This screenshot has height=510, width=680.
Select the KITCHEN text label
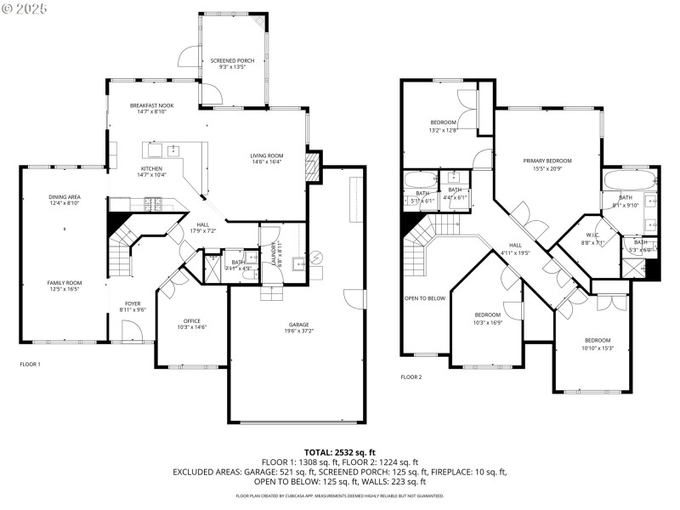pyautogui.click(x=151, y=168)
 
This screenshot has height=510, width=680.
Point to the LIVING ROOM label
pyautogui.click(x=266, y=156)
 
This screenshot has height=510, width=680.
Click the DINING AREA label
pyautogui.click(x=65, y=197)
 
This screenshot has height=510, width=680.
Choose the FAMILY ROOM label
pyautogui.click(x=64, y=283)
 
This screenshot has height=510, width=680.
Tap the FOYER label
pyautogui.click(x=133, y=303)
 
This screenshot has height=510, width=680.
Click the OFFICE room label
pyautogui.click(x=192, y=320)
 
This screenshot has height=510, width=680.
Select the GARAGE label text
pyautogui.click(x=297, y=325)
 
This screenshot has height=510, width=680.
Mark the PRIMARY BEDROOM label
pyautogui.click(x=547, y=161)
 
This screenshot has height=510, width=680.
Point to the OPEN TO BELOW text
pyautogui.click(x=424, y=298)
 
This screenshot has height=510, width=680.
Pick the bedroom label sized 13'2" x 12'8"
pyautogui.click(x=443, y=122)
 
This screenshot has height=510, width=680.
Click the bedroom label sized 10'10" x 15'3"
pyautogui.click(x=596, y=340)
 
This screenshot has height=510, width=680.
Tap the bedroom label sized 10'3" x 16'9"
pyautogui.click(x=487, y=314)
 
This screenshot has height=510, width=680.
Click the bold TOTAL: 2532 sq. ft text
pyautogui.click(x=339, y=452)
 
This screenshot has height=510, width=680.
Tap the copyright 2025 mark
pyautogui.click(x=25, y=8)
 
